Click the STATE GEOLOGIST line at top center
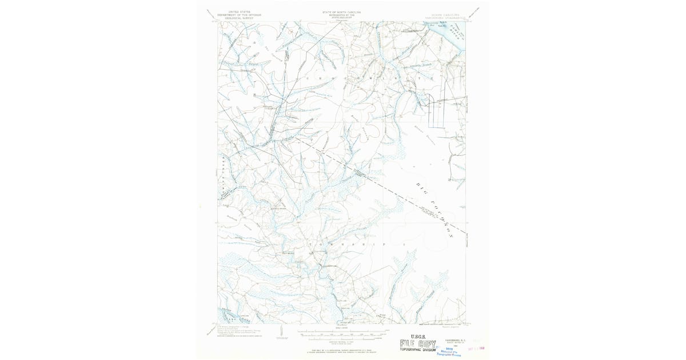pos(342,17)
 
